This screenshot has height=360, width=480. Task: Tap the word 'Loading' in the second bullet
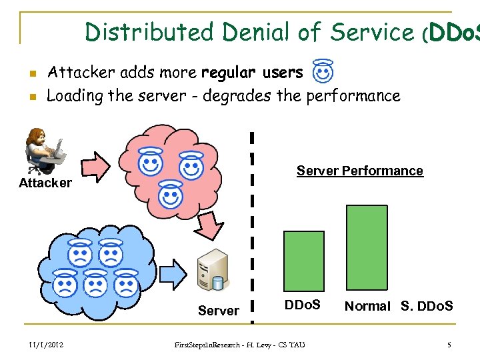click(x=75, y=95)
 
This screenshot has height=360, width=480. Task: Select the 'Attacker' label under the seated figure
click(x=45, y=183)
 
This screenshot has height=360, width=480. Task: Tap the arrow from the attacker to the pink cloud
click(x=97, y=166)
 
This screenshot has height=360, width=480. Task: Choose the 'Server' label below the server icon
click(x=218, y=311)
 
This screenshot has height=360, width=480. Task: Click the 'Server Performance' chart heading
click(x=359, y=171)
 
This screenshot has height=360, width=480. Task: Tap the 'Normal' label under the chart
click(x=367, y=306)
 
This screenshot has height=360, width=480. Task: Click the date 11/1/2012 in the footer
click(x=46, y=345)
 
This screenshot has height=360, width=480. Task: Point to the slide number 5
click(x=449, y=345)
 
